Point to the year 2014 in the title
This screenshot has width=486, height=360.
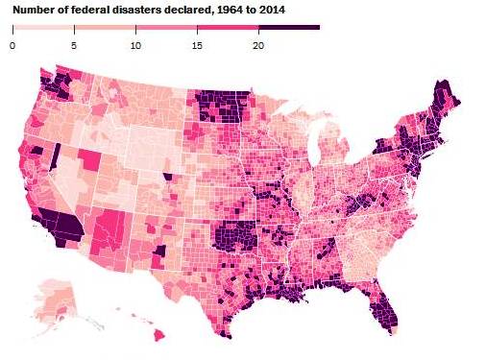click(273, 9)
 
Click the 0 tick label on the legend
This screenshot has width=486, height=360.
click(12, 44)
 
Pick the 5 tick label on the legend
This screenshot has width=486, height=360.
click(74, 44)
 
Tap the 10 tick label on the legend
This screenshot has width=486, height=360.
click(135, 44)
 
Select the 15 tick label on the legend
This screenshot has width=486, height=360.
click(197, 44)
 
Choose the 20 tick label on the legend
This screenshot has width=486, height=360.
click(258, 44)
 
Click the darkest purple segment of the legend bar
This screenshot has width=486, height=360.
click(288, 27)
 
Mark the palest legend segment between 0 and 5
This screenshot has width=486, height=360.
click(43, 27)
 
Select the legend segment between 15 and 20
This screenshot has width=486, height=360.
click(228, 27)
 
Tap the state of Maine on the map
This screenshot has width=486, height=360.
click(444, 102)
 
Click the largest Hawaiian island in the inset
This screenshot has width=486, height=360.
click(159, 334)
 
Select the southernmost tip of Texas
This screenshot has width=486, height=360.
click(226, 335)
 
